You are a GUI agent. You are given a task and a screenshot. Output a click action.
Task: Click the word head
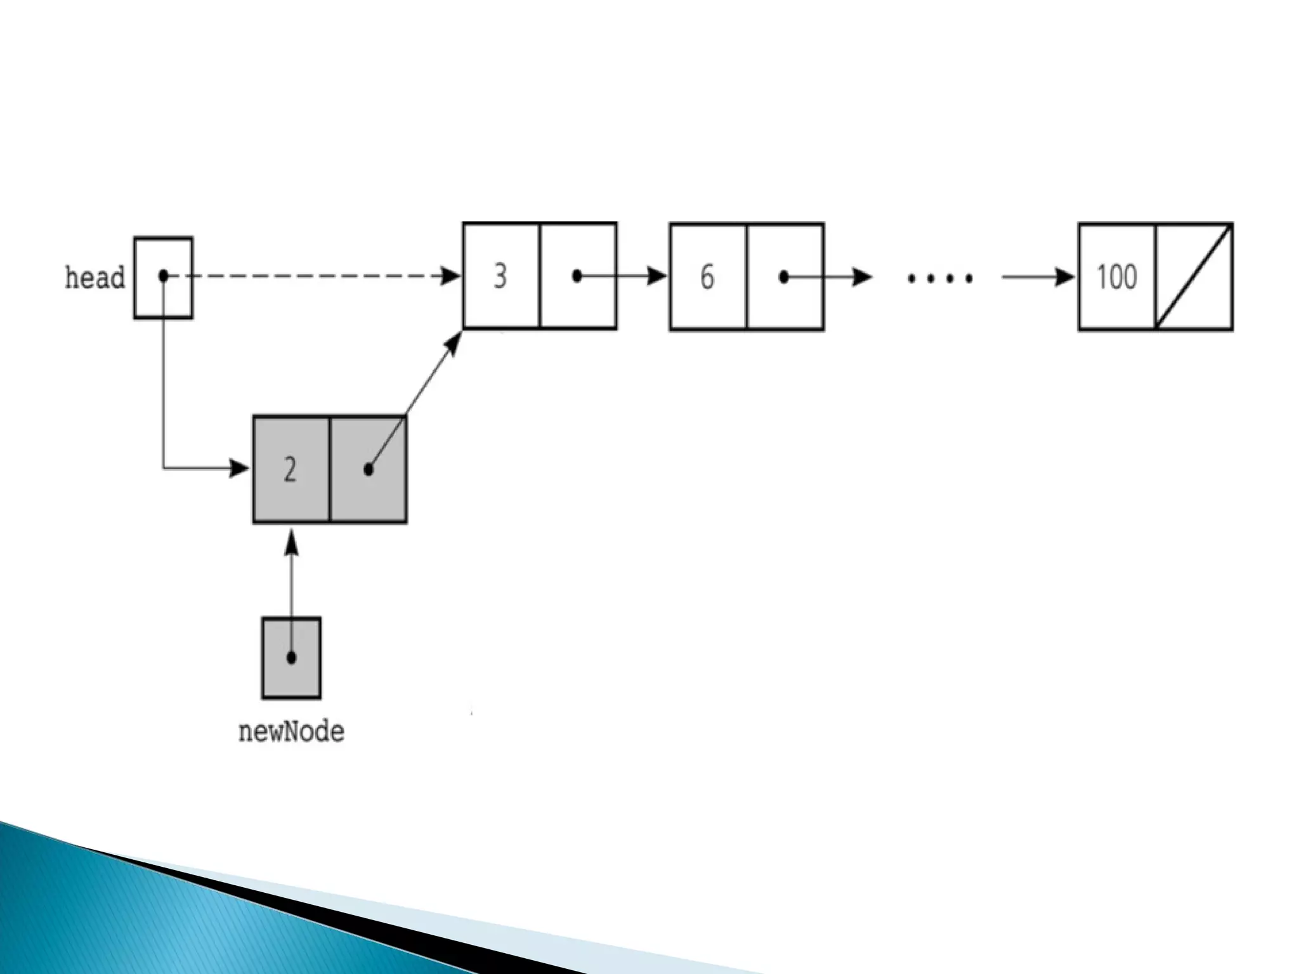(x=95, y=278)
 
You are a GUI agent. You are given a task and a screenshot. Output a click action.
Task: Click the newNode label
(x=291, y=732)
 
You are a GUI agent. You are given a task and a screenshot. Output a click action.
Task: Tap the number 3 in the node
(x=500, y=276)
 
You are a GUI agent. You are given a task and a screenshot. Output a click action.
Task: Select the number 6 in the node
(x=707, y=277)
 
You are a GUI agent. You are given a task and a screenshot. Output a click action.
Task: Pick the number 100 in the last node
(x=1117, y=277)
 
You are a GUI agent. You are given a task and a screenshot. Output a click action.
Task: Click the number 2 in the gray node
(x=290, y=470)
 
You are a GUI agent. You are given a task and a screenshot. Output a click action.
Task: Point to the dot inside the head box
(x=164, y=276)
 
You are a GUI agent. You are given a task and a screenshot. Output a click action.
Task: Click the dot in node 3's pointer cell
(x=577, y=276)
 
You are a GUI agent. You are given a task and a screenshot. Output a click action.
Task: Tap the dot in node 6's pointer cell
(x=784, y=277)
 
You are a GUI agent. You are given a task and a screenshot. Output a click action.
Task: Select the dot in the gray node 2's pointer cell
(x=369, y=470)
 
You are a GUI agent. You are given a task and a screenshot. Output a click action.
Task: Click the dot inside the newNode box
(x=291, y=658)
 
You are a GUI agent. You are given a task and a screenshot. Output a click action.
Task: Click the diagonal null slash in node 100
(x=1194, y=277)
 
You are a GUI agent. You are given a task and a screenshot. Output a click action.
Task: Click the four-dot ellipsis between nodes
(x=940, y=278)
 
